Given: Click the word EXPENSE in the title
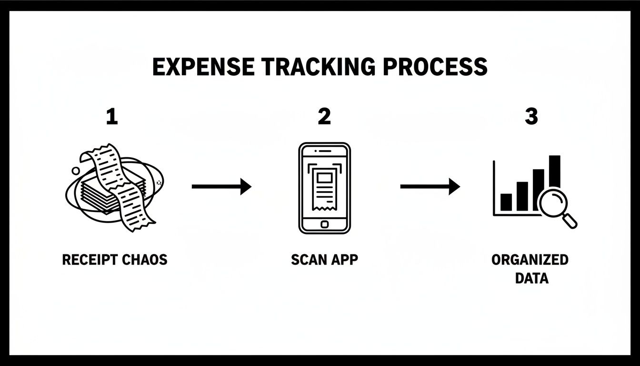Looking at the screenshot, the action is click(203, 67).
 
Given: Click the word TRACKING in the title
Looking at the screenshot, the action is click(318, 67).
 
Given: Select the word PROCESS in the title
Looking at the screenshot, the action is click(435, 67).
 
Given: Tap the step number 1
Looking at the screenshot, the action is click(112, 116).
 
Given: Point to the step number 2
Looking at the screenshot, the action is click(324, 116).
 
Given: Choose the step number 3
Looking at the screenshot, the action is click(531, 116).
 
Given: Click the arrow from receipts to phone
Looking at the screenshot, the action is click(221, 186).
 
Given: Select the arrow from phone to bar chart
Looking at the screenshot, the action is click(430, 186).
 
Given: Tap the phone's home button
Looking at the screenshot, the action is click(324, 224).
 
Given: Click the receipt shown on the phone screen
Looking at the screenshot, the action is click(324, 189).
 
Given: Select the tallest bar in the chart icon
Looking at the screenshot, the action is click(555, 172).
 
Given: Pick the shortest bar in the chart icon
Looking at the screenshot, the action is click(506, 202).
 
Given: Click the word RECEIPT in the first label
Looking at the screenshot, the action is click(90, 260).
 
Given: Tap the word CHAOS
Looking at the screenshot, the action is click(145, 260).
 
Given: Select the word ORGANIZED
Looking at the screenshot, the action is click(530, 260).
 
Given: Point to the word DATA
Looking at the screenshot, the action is click(532, 278).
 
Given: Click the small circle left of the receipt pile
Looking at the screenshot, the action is click(76, 171).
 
